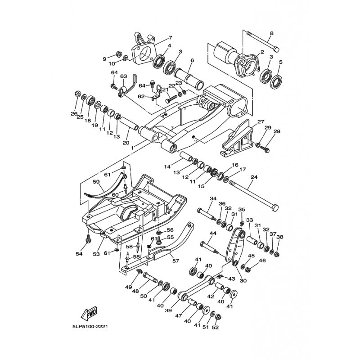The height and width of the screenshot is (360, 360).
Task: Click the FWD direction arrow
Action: click(x=89, y=313)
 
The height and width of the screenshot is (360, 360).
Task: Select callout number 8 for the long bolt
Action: click(x=272, y=33)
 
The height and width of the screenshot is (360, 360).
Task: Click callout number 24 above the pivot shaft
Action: click(x=254, y=177)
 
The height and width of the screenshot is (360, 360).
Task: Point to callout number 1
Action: click(x=132, y=148)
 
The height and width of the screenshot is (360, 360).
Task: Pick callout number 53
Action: click(x=96, y=254)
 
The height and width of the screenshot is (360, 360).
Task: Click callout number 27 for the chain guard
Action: click(x=261, y=121)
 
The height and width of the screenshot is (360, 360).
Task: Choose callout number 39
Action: click(x=168, y=310)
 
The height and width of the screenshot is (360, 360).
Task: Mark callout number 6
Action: click(x=192, y=60)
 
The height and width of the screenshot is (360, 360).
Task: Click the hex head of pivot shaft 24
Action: click(x=275, y=207)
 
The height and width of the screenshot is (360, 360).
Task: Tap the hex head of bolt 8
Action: click(x=276, y=49)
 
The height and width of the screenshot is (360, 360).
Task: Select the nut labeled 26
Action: click(x=77, y=94)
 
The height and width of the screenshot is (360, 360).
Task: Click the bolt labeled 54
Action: click(x=88, y=238)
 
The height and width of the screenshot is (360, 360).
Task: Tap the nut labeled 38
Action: click(x=277, y=254)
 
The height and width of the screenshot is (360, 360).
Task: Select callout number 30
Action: click(x=243, y=280)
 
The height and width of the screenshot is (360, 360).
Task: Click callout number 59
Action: click(x=96, y=182)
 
